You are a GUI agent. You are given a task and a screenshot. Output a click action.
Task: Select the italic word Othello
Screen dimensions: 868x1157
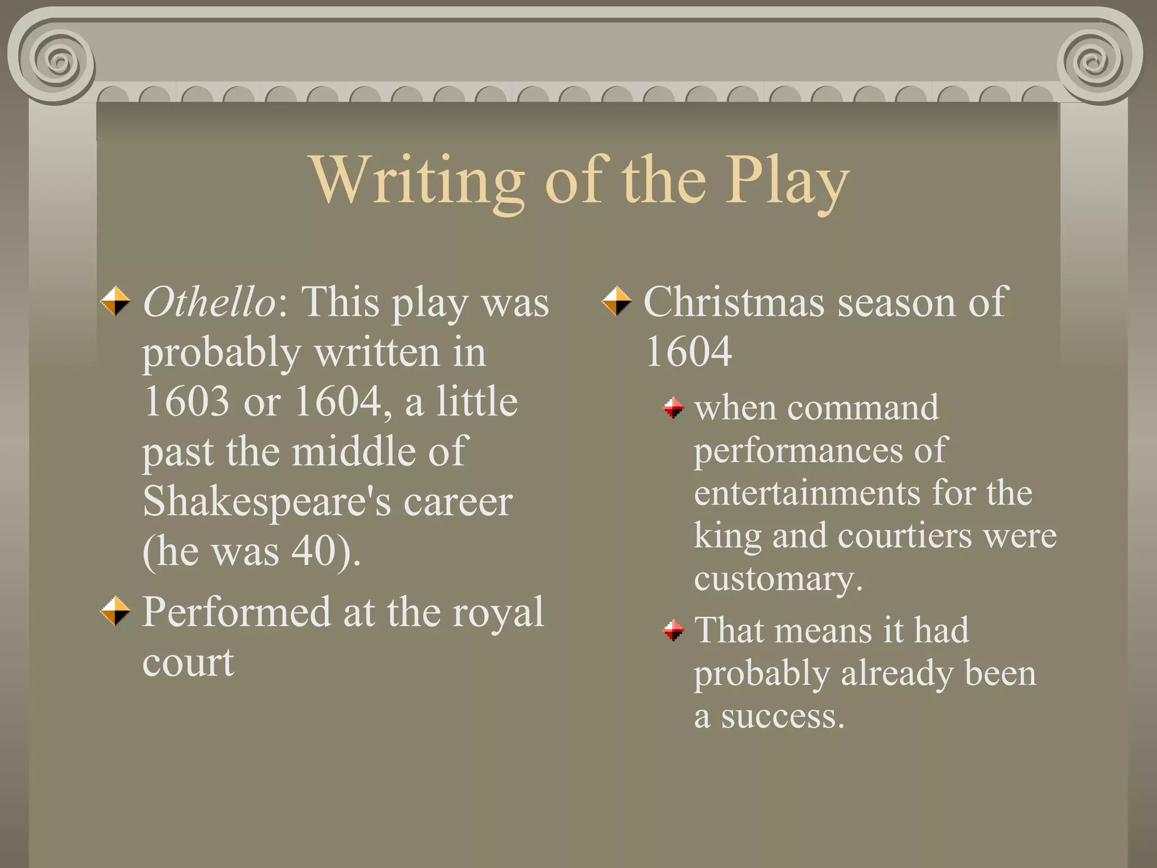pos(209,302)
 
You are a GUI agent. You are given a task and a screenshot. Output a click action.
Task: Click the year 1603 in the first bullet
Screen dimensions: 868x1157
pos(186,401)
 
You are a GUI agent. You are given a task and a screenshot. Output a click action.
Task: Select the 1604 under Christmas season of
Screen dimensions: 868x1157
pos(689,351)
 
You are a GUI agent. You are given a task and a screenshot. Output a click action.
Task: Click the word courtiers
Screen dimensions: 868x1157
pos(904,535)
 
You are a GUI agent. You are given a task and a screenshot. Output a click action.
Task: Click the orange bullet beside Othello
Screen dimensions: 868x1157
pos(115,301)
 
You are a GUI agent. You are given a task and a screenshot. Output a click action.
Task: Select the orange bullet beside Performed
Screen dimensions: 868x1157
pos(115,611)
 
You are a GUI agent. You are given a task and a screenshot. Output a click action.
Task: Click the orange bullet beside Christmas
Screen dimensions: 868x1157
pos(616,301)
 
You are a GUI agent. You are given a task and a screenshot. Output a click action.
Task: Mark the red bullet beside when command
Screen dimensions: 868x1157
pos(673,407)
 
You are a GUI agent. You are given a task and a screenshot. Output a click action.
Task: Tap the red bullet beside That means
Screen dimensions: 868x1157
pos(673,630)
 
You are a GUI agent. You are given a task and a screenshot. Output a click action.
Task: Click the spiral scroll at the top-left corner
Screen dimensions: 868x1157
pos(56,60)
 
